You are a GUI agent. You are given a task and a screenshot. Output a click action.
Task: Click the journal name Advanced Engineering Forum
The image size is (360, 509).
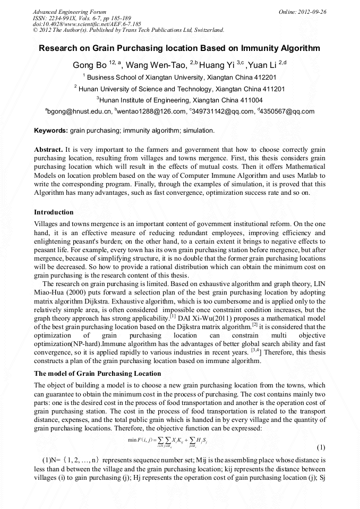(70, 12)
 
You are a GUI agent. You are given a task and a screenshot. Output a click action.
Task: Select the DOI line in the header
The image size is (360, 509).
(87, 24)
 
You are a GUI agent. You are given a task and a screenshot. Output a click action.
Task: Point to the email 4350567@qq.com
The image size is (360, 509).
(287, 111)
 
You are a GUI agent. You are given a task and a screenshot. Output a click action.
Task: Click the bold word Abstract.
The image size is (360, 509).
(49, 150)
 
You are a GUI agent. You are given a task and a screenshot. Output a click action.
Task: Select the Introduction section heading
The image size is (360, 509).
(54, 212)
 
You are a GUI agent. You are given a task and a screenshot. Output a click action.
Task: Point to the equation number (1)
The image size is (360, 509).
(320, 447)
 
